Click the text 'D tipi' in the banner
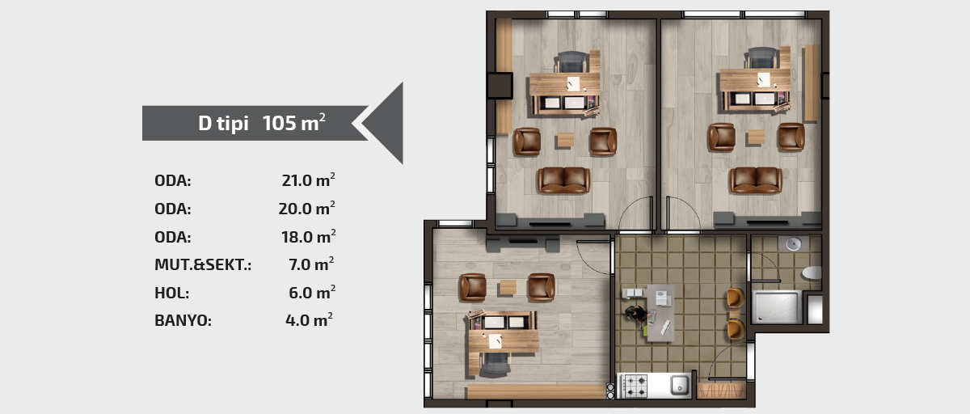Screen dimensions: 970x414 [x=223, y=123]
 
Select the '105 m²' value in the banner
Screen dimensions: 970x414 [x=293, y=122]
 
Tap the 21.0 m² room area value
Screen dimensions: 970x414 [x=308, y=180]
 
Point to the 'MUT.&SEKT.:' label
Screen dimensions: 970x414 [x=203, y=264]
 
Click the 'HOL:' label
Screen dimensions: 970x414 [x=172, y=293]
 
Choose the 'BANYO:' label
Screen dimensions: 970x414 [x=183, y=320]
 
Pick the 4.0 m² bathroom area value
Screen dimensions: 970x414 [x=309, y=319]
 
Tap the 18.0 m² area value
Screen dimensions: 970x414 [x=308, y=236]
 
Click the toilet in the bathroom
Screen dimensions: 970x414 [x=812, y=272]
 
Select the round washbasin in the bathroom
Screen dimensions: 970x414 [x=793, y=243]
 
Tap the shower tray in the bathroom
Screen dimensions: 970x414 [x=777, y=307]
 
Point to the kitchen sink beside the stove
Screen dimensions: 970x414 [x=680, y=385]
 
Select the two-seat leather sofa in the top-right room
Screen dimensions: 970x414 [x=756, y=180]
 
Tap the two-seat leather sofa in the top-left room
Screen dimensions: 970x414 [x=564, y=180]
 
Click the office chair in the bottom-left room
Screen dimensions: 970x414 [x=495, y=364]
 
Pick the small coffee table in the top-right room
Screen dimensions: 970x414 [x=756, y=137]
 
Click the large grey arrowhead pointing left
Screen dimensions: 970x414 [x=384, y=123]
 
